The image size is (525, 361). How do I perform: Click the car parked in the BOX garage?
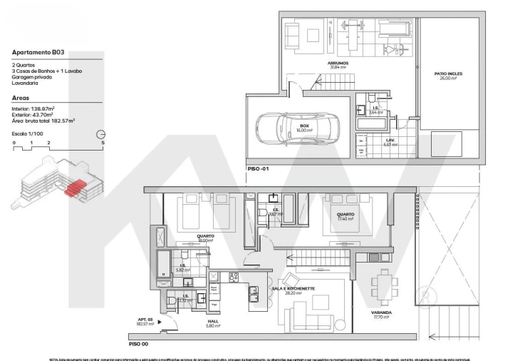click(290, 128)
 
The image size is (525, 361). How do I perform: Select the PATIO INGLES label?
click(447, 75)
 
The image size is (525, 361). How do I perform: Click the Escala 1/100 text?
click(28, 133)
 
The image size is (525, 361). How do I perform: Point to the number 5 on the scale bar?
click(103, 143)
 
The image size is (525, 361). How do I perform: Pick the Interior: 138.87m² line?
click(33, 108)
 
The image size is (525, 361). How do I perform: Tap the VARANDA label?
click(382, 312)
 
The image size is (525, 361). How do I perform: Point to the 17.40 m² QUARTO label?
click(345, 216)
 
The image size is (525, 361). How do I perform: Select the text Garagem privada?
click(31, 78)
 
